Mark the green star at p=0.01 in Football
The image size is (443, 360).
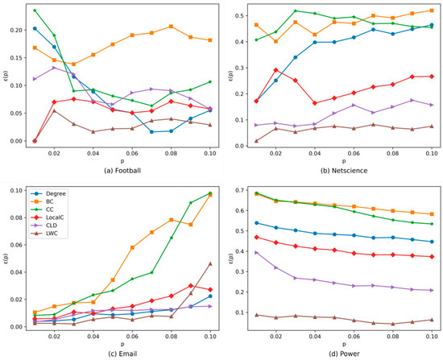(35, 10)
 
